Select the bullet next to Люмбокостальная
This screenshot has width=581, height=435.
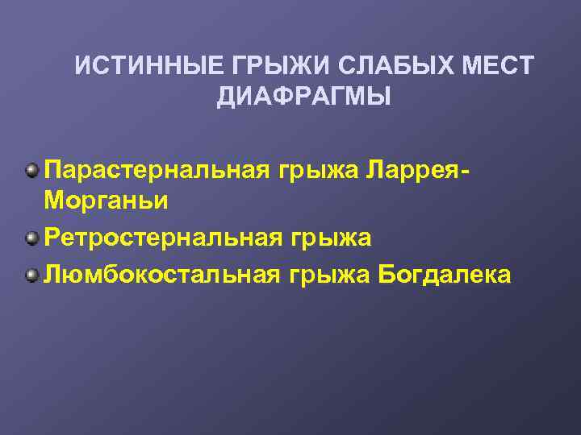31,275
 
